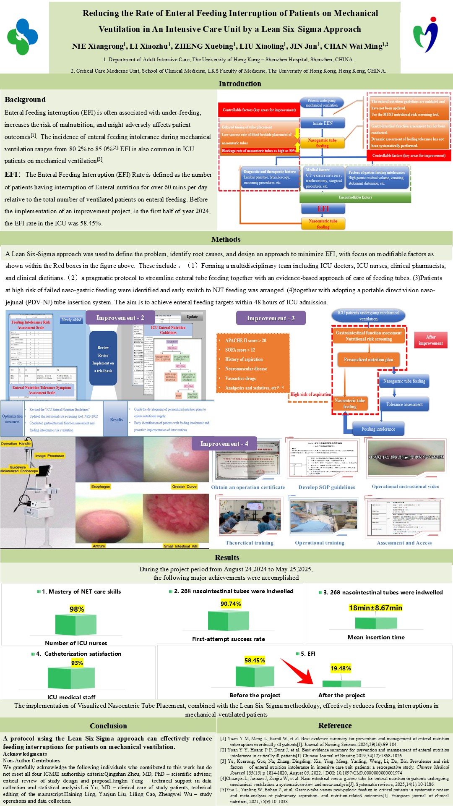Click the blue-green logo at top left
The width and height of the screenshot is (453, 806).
click(x=23, y=37)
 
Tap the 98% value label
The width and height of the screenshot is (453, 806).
click(x=77, y=609)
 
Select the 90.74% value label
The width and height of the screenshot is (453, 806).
click(x=231, y=604)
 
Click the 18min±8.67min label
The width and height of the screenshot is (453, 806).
click(x=375, y=608)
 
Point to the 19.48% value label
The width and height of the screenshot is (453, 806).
click(x=341, y=668)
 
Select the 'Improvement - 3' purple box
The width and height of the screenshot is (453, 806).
click(x=271, y=318)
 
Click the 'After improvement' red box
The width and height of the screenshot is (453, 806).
click(x=431, y=340)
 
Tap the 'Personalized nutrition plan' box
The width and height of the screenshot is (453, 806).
click(x=369, y=360)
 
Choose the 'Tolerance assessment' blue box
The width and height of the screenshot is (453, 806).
click(x=404, y=405)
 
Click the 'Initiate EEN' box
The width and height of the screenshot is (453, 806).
click(x=322, y=123)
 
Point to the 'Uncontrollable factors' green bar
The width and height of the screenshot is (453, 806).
click(x=355, y=197)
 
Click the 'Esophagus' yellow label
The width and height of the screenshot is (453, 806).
click(x=101, y=487)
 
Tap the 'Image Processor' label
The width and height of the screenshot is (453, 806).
click(x=49, y=455)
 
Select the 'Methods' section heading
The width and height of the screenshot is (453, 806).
click(x=226, y=239)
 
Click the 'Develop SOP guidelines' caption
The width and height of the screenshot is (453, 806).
click(x=327, y=487)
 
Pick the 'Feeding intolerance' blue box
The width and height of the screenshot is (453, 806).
click(x=378, y=429)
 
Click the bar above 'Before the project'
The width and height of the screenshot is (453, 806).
click(x=255, y=676)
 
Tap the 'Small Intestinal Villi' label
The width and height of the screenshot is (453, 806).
click(x=181, y=546)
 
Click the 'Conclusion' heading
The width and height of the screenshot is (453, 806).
click(x=108, y=726)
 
